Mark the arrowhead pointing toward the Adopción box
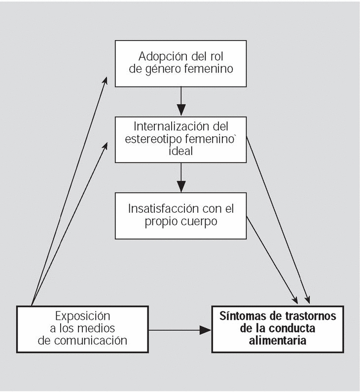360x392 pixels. pyautogui.click(x=105, y=81)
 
